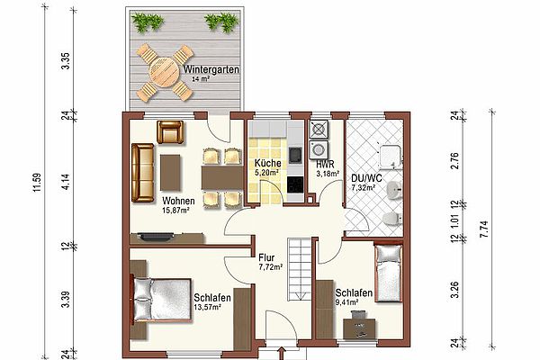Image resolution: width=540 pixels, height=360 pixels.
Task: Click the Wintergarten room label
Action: pyautogui.click(x=211, y=69)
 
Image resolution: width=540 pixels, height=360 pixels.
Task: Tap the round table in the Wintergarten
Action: pyautogui.click(x=166, y=72)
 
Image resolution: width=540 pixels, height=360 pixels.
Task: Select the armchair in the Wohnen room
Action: pyautogui.click(x=170, y=132)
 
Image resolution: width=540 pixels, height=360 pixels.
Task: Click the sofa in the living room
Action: pyautogui.click(x=142, y=173)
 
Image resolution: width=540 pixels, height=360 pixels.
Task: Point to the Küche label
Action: pyautogui.click(x=267, y=163)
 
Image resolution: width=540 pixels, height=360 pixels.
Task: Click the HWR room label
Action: pyautogui.click(x=325, y=165)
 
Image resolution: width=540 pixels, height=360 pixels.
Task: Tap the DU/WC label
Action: pyautogui.click(x=366, y=178)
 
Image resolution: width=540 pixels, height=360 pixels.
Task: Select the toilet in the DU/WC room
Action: pyautogui.click(x=392, y=219)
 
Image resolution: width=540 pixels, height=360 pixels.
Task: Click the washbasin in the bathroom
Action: pyautogui.click(x=394, y=191)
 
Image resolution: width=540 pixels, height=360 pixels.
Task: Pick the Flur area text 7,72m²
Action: pyautogui.click(x=271, y=266)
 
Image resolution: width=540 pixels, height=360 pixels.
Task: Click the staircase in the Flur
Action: pyautogui.click(x=300, y=269)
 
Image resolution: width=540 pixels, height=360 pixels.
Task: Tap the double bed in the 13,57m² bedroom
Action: pyautogui.click(x=161, y=300)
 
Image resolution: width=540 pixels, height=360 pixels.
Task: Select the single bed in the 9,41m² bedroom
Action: pyautogui.click(x=389, y=273)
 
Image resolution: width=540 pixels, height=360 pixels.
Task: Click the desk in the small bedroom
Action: pyautogui.click(x=359, y=328)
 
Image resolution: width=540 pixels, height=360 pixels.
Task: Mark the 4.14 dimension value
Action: pyautogui.click(x=66, y=182)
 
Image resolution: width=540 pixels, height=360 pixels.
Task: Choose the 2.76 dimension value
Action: pyautogui.click(x=454, y=160)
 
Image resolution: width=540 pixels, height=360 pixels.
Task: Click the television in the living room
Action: pyautogui.click(x=156, y=237)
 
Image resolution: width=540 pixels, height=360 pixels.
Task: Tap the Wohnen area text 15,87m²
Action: pyautogui.click(x=175, y=210)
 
